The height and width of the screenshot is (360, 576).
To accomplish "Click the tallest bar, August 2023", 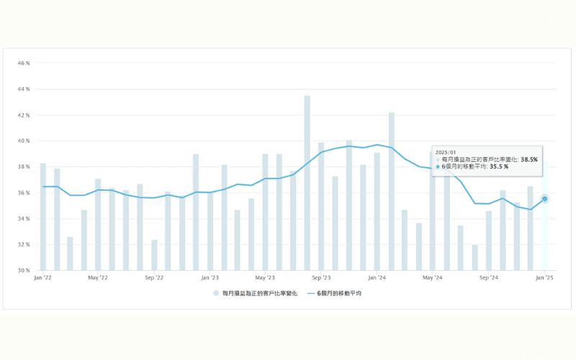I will (x=307, y=184).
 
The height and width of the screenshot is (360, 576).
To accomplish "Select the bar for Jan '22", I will (x=43, y=217).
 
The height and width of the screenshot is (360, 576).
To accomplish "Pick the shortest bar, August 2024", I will (x=475, y=258).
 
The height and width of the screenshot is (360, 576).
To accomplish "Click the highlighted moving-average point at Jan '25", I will (x=545, y=199).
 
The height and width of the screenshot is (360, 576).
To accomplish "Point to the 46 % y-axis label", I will (x=24, y=63).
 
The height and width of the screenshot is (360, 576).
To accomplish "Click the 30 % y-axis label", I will (x=24, y=271).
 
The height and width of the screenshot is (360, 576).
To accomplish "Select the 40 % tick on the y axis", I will (x=24, y=141).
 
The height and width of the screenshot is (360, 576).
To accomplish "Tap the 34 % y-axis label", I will (x=24, y=219).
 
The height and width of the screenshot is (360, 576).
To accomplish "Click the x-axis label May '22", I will (x=98, y=277).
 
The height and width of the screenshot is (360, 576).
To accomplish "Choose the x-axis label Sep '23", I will (x=321, y=277).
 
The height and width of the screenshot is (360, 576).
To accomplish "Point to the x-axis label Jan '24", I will (x=377, y=277).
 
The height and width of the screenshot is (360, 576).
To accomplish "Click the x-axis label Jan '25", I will (x=545, y=277).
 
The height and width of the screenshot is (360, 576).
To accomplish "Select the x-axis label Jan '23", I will (x=210, y=277).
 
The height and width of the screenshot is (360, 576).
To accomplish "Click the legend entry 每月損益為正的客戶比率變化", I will (x=258, y=293).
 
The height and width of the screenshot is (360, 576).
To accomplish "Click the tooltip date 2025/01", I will (x=446, y=152).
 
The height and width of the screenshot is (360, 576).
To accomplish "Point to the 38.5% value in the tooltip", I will (x=529, y=159).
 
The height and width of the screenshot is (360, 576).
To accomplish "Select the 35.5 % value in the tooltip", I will (x=499, y=166).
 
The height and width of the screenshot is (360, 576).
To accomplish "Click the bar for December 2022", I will (x=196, y=212).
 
